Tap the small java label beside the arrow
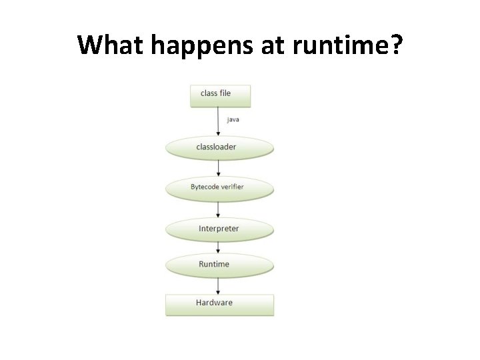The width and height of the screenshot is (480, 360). click(x=233, y=120)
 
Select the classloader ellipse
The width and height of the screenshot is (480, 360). click(x=219, y=148)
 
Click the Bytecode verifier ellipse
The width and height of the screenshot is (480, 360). click(x=219, y=188)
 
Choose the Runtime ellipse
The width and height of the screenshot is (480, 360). click(x=219, y=265)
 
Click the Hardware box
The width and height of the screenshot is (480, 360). click(x=219, y=304)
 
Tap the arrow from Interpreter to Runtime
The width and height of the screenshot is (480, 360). click(x=219, y=247)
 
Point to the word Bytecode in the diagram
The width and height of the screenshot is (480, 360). click(x=205, y=187)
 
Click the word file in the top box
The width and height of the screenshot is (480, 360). click(x=225, y=93)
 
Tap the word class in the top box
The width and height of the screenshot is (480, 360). click(x=209, y=93)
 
